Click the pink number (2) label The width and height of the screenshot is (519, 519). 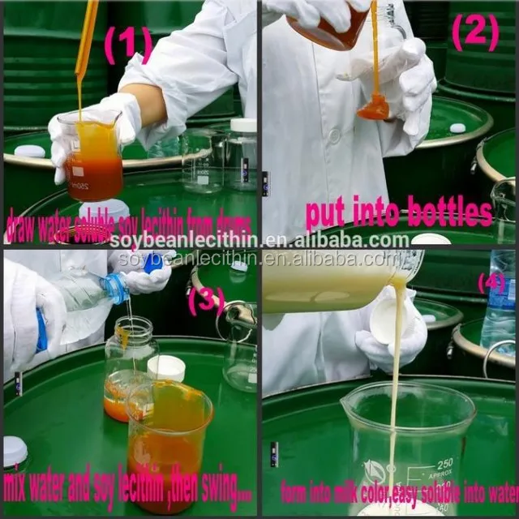[x=478, y=33]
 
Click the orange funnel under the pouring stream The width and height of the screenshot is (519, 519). [x=374, y=105]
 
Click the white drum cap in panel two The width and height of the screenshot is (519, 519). [x=458, y=128]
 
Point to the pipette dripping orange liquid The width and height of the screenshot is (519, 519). [x=85, y=41]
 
